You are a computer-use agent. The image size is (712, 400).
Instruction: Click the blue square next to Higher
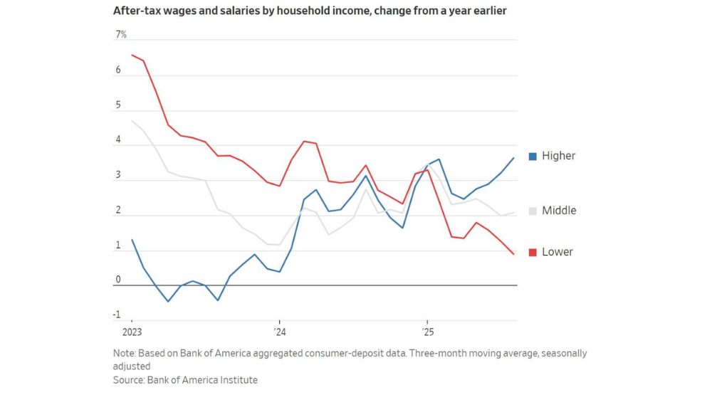point(533,157)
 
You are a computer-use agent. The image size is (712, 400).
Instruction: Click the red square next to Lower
point(533,253)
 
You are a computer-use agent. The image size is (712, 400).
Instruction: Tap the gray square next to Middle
point(533,211)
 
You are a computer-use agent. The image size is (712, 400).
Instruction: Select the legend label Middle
point(559,211)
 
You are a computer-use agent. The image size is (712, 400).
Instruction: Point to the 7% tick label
point(121,35)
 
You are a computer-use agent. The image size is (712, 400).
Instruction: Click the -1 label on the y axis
point(117,315)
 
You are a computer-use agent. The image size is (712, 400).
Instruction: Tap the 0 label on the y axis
point(118,280)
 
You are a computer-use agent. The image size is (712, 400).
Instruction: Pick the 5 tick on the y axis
point(118,105)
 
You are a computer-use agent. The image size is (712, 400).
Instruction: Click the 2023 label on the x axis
point(132,332)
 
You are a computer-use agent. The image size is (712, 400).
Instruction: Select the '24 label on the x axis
point(280,332)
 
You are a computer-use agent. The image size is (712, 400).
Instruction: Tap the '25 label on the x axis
point(427,332)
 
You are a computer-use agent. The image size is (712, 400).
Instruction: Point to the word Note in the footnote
point(124,353)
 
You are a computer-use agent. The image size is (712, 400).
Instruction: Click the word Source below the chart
point(128,380)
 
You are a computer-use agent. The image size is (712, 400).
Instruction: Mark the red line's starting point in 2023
point(132,55)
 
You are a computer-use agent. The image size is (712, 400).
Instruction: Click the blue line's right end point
point(514,158)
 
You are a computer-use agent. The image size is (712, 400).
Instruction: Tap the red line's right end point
point(514,254)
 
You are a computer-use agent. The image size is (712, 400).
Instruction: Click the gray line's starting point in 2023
point(132,121)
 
